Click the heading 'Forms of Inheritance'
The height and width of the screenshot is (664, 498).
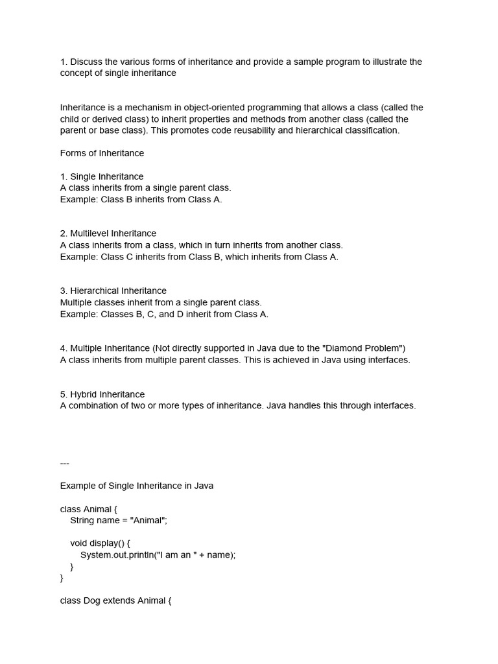[x=102, y=154]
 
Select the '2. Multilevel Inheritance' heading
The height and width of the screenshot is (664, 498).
[x=108, y=233]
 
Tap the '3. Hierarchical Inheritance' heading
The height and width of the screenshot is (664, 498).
[x=113, y=291]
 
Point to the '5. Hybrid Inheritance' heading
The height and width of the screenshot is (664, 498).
[x=102, y=394]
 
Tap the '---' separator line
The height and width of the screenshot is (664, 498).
[x=64, y=463]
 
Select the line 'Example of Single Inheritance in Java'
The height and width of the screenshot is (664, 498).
[x=137, y=486]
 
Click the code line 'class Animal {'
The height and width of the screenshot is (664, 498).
[x=89, y=510]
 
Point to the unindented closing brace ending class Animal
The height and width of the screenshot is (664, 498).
[x=62, y=578]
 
